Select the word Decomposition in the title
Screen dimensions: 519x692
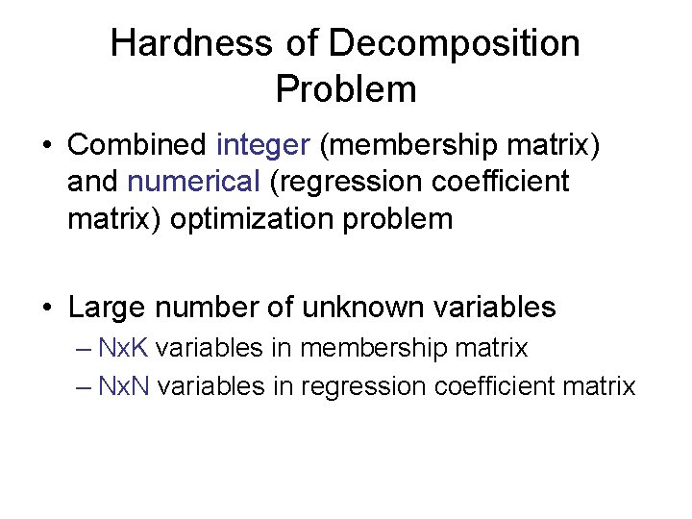[x=455, y=43]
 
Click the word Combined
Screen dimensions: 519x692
[x=137, y=145]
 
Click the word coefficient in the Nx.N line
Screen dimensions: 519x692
[x=493, y=386]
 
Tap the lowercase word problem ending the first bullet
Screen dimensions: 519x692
[x=404, y=218]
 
